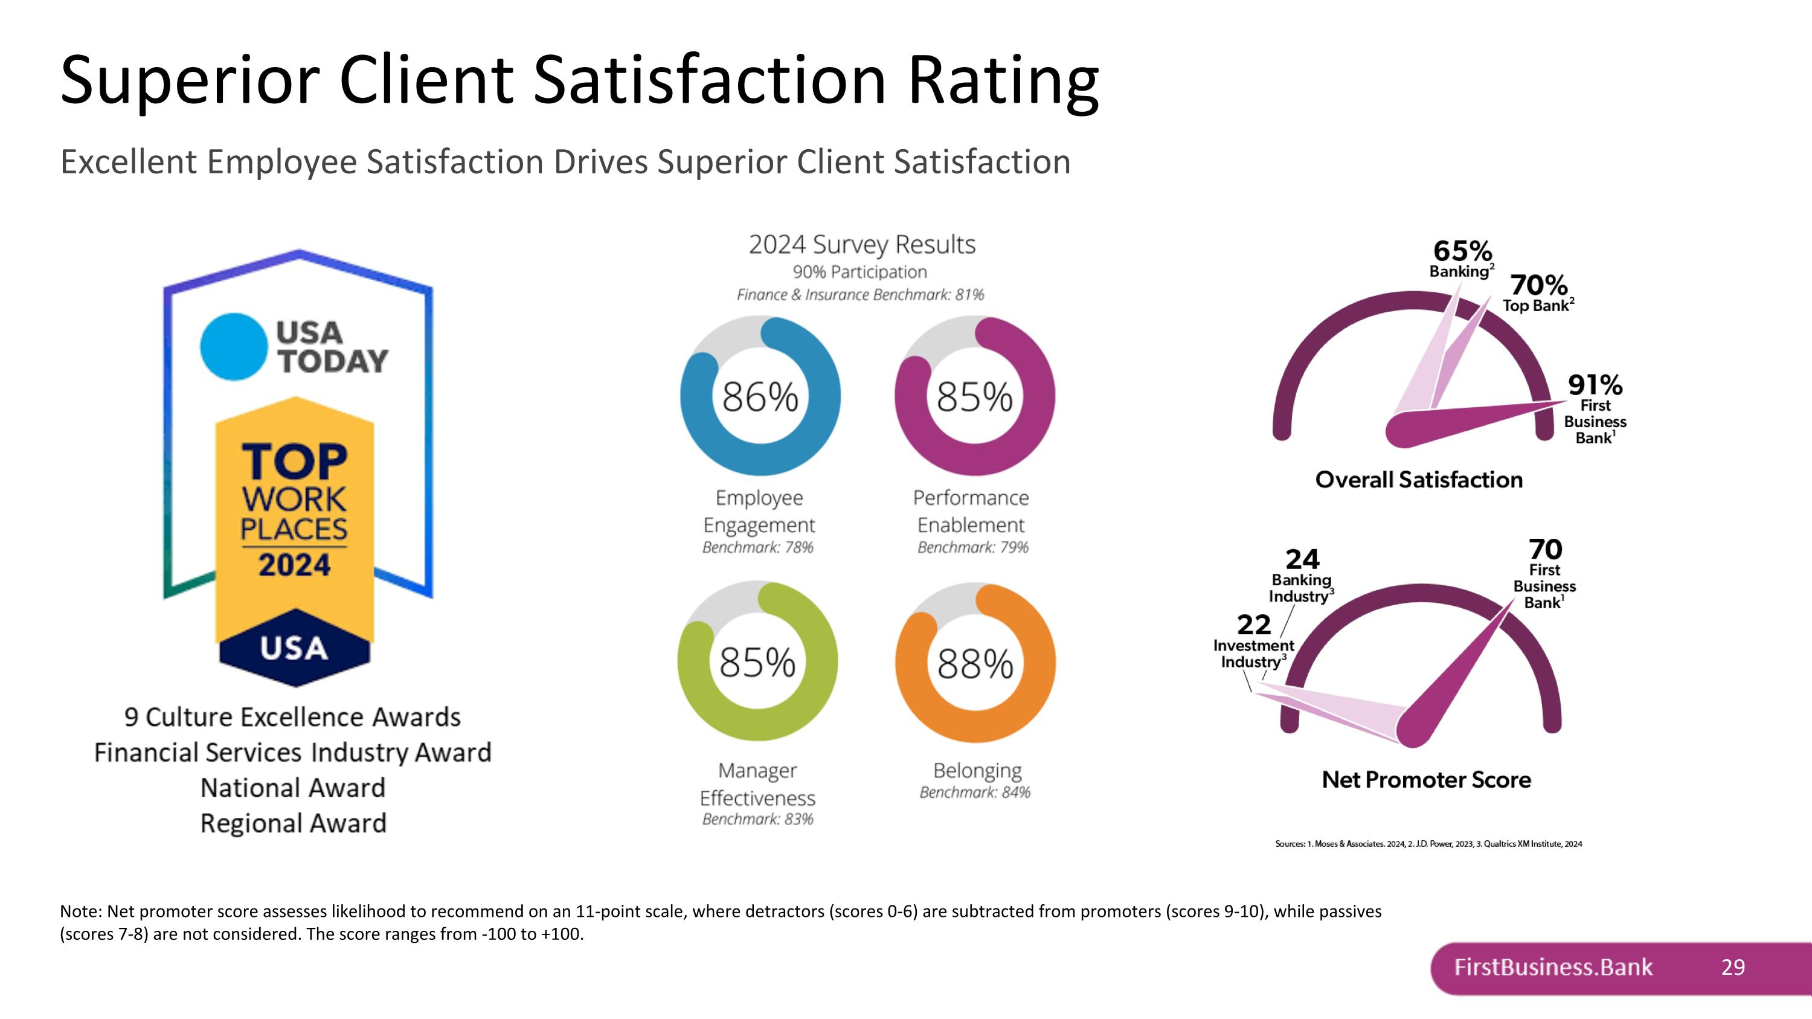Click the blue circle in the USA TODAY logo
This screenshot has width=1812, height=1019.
(234, 346)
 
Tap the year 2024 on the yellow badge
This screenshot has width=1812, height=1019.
(294, 565)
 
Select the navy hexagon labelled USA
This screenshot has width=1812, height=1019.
(294, 648)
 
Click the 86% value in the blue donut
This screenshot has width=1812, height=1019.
(760, 397)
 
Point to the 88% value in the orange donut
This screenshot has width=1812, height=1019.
(975, 663)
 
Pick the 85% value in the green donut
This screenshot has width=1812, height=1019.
(757, 662)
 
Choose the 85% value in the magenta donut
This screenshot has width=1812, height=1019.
(974, 397)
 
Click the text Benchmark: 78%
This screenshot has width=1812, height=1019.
(757, 547)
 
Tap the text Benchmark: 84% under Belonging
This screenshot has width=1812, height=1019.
(975, 792)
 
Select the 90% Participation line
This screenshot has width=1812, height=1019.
(859, 272)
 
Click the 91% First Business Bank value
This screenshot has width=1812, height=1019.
(1595, 385)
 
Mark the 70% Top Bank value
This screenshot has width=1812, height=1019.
(1538, 286)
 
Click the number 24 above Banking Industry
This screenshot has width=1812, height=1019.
(1302, 560)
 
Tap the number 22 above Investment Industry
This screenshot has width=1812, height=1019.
(1253, 625)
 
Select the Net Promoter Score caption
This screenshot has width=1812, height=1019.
(1426, 779)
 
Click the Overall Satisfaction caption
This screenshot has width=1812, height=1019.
(1419, 480)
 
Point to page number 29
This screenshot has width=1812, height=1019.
(1732, 967)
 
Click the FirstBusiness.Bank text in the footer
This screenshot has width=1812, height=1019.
(1553, 967)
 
